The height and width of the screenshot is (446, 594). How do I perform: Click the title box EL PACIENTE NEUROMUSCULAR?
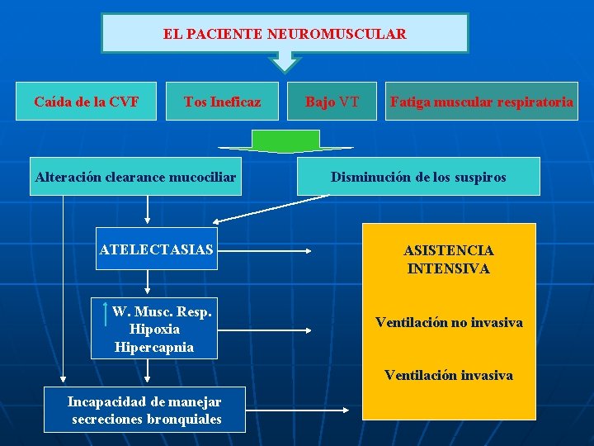pos(285,33)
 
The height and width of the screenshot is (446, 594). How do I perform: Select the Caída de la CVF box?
pos(86,102)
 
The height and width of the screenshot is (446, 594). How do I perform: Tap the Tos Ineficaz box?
pos(222,102)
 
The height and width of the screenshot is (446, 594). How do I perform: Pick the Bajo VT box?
pos(332,102)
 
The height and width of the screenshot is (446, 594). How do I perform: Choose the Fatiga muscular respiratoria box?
pos(481,102)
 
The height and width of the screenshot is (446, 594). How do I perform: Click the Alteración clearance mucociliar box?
pos(135,177)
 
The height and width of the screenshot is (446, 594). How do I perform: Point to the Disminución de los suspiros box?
pos(418,177)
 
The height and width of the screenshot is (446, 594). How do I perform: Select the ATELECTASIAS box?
pos(156,249)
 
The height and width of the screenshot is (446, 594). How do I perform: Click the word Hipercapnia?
pos(154,346)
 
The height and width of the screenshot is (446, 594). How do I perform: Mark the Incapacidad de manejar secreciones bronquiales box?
pos(145,410)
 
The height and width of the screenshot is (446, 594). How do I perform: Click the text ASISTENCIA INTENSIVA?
pos(449,259)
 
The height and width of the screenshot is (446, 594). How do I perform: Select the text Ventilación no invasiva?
pos(449,322)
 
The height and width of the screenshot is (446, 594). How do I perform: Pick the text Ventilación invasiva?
pos(449,375)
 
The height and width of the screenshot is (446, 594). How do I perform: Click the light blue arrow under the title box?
pos(285,62)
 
